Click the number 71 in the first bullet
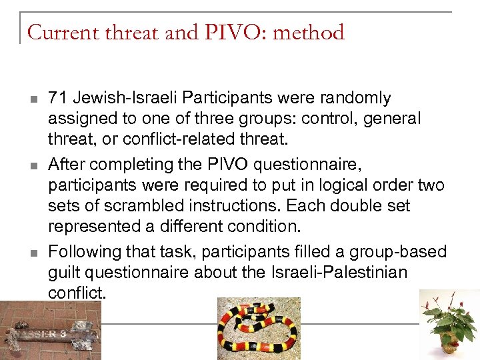point(58,98)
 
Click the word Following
point(81,252)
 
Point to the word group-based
point(407,252)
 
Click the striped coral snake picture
point(259,328)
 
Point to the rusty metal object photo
point(51,330)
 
